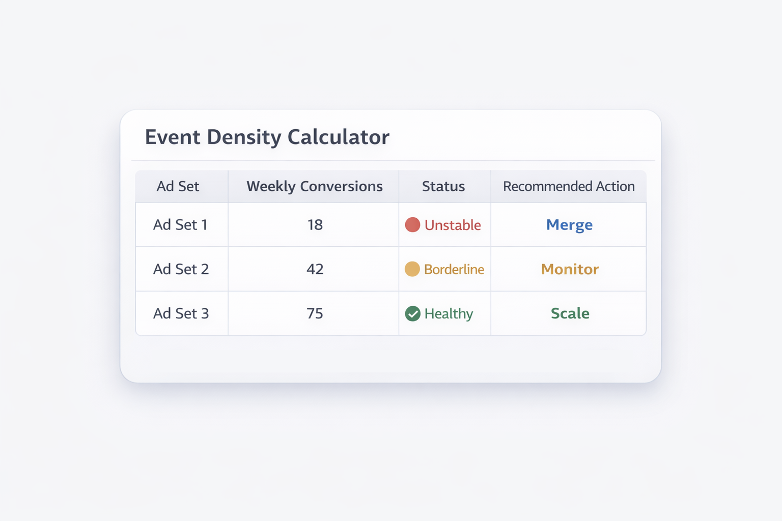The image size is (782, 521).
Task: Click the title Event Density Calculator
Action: point(267,137)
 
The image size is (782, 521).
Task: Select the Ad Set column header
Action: point(178,186)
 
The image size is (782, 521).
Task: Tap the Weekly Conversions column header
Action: point(315,186)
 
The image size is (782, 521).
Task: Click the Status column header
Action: point(443,186)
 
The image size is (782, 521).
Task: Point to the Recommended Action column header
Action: point(569,186)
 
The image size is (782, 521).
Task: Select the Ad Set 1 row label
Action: point(180,225)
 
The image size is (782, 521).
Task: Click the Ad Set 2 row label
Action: point(181,269)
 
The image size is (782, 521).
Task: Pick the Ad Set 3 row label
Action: point(181,313)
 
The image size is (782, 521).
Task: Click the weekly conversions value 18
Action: point(315,225)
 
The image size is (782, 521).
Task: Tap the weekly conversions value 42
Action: point(315,269)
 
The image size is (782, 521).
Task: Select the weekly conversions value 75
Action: point(315,313)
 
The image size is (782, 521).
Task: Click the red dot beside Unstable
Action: point(412,225)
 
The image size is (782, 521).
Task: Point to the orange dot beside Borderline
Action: point(412,269)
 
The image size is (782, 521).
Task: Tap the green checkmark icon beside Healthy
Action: point(412,313)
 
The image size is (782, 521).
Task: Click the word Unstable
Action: point(453,225)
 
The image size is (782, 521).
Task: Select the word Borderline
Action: point(454,269)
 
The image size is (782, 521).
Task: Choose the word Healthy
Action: point(449,313)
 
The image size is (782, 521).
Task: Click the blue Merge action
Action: point(569,225)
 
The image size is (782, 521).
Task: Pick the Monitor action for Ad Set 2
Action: point(570,269)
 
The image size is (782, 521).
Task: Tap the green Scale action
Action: point(570,313)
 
